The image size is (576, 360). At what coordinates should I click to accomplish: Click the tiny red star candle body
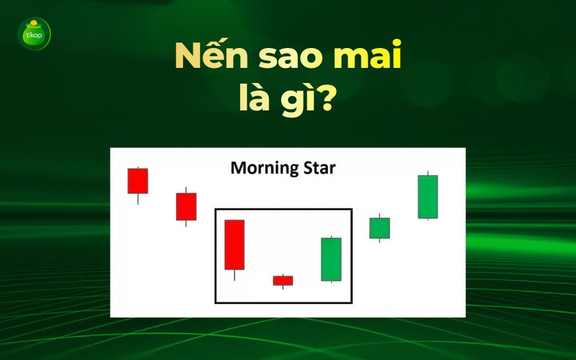(283, 280)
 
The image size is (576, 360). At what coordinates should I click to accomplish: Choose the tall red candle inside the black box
(235, 244)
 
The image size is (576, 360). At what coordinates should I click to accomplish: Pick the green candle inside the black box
(331, 259)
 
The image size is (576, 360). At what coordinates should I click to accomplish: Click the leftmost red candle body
(138, 180)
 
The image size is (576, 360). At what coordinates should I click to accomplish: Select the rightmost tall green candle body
(428, 197)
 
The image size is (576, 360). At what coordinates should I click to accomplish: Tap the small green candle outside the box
(380, 228)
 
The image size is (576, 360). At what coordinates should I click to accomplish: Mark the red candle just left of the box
(186, 206)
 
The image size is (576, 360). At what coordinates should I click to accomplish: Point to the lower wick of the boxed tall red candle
(235, 275)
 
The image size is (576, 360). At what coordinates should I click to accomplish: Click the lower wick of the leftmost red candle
(138, 199)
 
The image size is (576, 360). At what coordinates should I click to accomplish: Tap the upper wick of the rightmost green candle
(428, 173)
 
